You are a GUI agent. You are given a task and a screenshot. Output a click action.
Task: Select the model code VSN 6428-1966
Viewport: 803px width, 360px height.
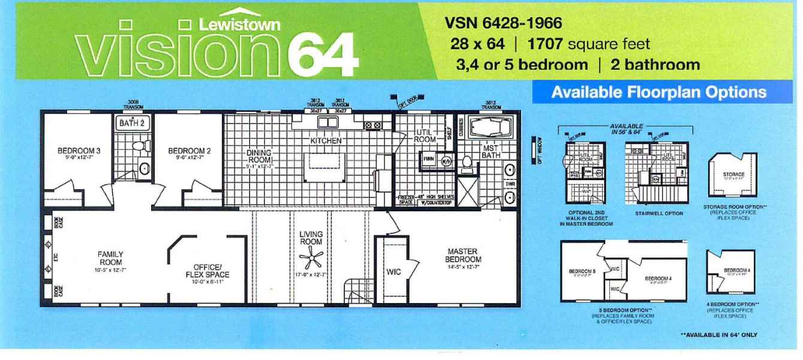503,26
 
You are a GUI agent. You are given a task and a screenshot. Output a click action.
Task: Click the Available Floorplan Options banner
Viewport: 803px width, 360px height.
658,94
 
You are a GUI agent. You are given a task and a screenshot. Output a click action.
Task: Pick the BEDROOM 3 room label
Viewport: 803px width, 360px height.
75,151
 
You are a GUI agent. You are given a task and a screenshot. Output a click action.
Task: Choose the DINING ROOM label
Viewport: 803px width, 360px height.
258,157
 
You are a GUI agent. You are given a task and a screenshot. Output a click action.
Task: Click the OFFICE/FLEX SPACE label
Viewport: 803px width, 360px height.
208,271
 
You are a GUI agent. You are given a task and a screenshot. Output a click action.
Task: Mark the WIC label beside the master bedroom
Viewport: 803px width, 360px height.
393,272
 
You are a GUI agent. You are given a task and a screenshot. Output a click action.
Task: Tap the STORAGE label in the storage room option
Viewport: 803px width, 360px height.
729,175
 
